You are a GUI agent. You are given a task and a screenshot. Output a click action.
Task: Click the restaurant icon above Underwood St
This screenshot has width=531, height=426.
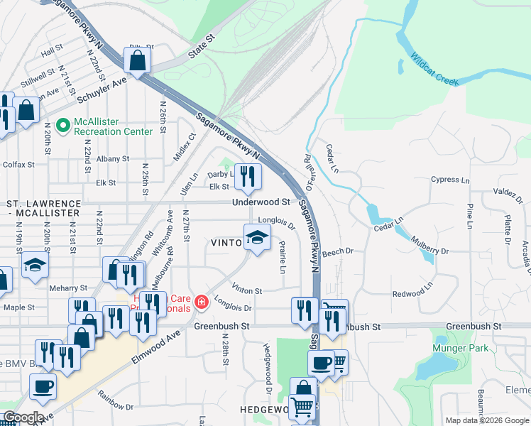coord(247,177)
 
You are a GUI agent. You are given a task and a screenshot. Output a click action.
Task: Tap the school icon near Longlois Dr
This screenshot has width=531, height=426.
coord(257,237)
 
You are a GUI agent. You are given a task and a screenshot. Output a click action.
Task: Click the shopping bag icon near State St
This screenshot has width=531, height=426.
coord(137,60)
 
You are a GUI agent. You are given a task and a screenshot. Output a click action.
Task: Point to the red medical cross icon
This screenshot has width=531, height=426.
coord(202,303)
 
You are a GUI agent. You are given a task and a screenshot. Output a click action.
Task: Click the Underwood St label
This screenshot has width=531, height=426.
coord(261,202)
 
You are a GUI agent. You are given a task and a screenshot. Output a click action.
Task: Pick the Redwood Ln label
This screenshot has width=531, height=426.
coord(412,293)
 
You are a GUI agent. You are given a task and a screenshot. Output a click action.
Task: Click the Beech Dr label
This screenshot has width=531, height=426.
coord(337,252)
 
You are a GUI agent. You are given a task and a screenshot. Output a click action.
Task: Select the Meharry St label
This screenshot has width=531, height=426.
coord(68,288)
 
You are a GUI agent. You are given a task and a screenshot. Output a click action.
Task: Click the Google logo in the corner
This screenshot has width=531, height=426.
coord(23,417)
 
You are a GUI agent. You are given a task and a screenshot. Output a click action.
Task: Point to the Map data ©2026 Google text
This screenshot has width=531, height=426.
coord(486,420)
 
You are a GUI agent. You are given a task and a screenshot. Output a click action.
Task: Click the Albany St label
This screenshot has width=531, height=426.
coord(113,159)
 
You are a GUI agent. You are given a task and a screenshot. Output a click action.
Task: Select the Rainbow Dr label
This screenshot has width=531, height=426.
coord(115,402)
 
